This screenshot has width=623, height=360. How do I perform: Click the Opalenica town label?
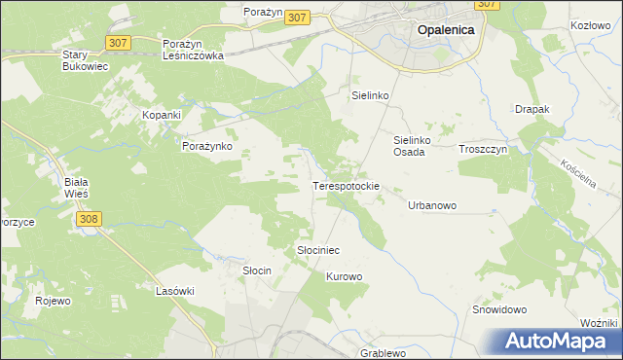445,30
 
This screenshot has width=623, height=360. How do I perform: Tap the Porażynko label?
206,146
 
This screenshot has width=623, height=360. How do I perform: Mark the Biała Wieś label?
75,187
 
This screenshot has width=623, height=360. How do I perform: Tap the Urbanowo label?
432,205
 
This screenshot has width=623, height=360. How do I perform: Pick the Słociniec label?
317,250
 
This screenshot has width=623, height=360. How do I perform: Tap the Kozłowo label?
591,23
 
